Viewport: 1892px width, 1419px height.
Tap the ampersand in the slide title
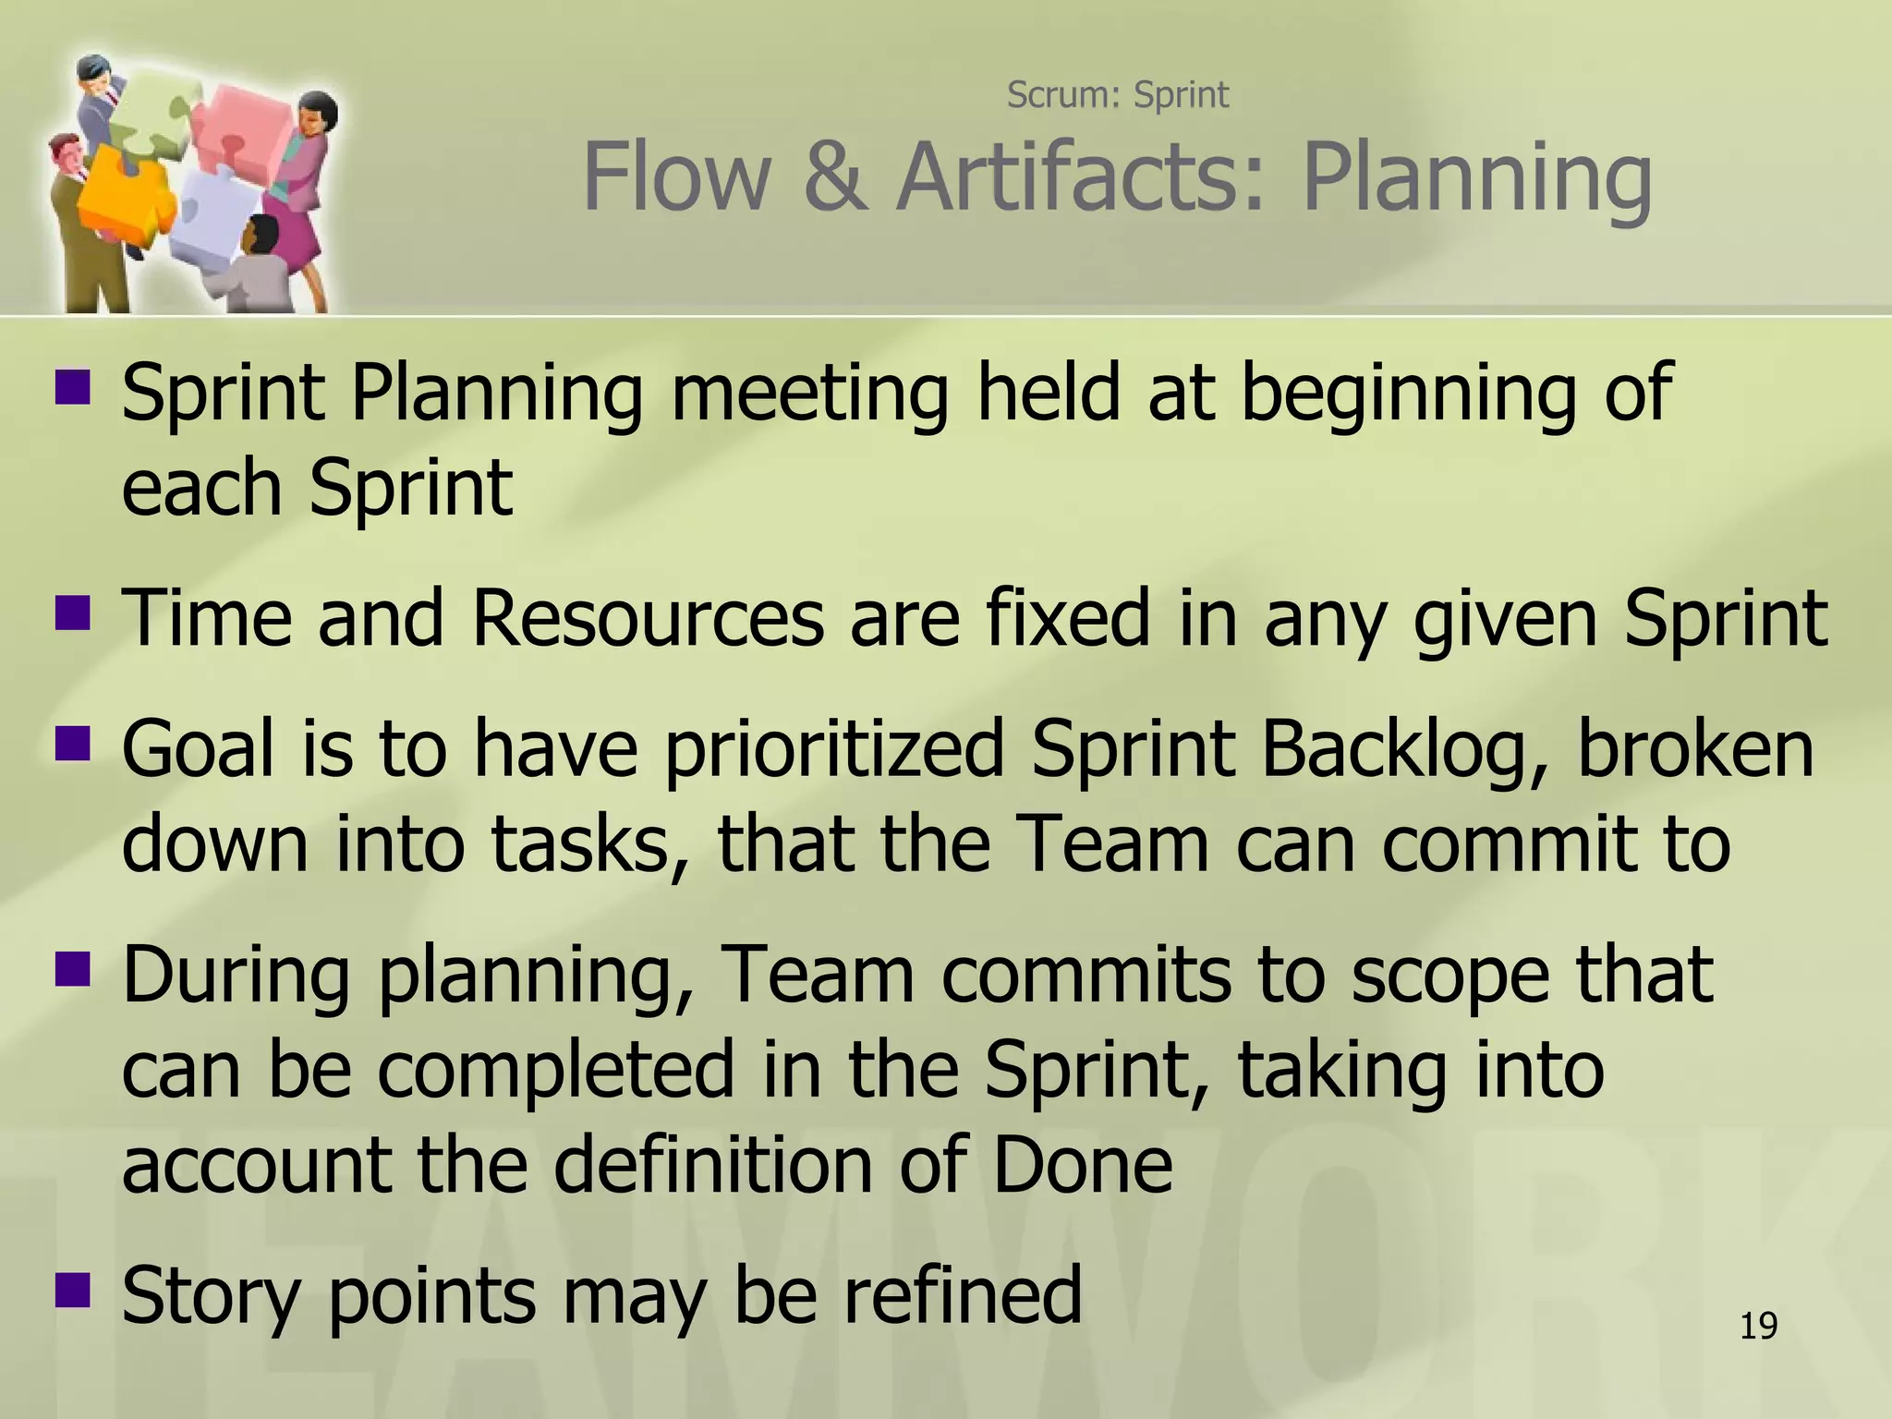pyautogui.click(x=834, y=177)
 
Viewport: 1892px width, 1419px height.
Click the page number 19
pyautogui.click(x=1758, y=1326)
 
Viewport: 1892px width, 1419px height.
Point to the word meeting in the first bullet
pyautogui.click(x=809, y=394)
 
